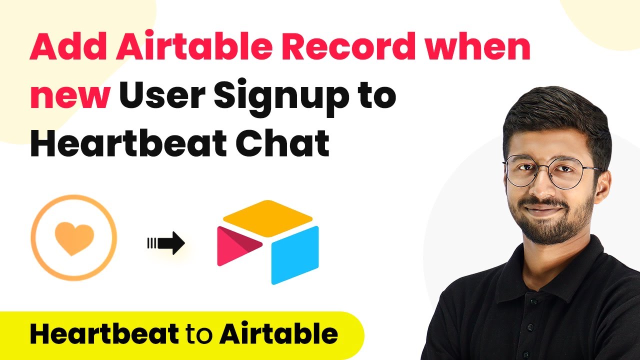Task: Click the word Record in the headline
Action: tap(349, 46)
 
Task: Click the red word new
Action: tap(70, 97)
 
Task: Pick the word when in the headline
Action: tap(477, 46)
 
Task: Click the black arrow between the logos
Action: tap(166, 243)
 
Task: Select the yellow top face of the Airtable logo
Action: tap(267, 218)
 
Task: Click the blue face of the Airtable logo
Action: tap(295, 255)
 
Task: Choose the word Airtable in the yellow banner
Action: tap(278, 333)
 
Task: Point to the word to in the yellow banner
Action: tap(199, 334)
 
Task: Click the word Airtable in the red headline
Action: tap(194, 46)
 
